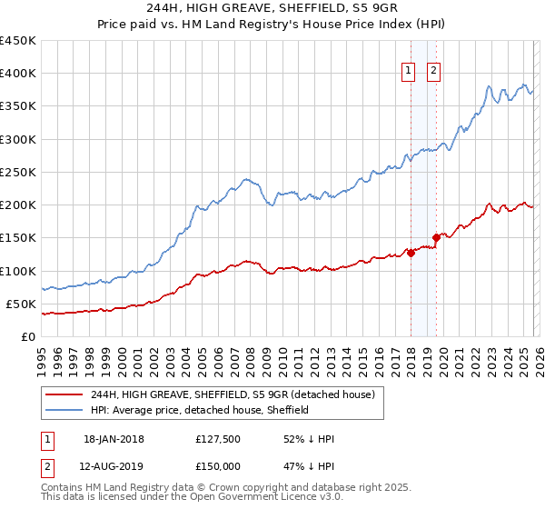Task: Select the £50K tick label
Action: point(22,304)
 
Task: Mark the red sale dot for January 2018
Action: point(411,253)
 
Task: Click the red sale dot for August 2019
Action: point(436,238)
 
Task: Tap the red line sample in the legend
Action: point(65,394)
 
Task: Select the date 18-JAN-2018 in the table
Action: point(114,439)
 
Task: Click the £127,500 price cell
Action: point(218,439)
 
